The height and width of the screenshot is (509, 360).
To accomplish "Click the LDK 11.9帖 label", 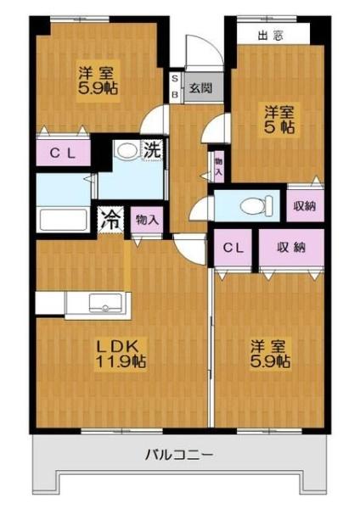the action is click(121, 354).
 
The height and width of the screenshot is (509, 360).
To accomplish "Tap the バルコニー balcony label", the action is click(179, 455).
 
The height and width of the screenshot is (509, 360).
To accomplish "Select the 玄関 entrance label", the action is click(201, 87).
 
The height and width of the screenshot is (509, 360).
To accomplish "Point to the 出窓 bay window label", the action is click(270, 36).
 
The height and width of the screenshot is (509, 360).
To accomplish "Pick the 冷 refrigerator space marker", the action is click(110, 221).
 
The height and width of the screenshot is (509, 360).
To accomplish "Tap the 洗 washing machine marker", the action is click(153, 149).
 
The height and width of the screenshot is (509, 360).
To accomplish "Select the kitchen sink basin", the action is click(105, 303).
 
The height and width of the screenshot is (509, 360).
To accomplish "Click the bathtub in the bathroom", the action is click(63, 220).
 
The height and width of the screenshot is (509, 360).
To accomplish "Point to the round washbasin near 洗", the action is click(127, 151).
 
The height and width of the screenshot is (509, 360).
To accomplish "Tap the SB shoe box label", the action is click(175, 87).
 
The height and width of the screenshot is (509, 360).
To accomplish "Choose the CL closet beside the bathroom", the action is click(63, 153).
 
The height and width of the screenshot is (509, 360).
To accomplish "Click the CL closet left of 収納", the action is click(233, 248).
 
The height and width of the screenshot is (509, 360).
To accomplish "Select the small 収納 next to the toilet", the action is click(305, 206).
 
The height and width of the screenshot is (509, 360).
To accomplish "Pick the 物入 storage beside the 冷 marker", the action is click(147, 220).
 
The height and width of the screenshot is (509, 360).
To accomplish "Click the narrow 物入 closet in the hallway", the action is click(219, 166).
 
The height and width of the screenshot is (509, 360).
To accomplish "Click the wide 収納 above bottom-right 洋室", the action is click(291, 248).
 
